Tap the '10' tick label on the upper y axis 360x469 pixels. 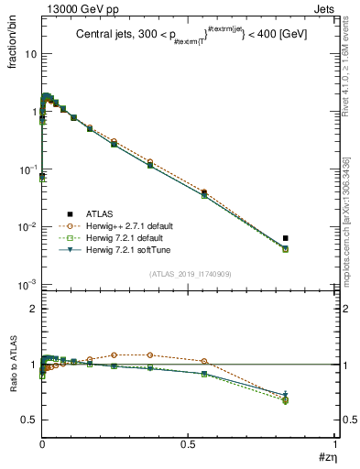(30, 54)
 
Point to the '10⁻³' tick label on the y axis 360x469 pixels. (27, 284)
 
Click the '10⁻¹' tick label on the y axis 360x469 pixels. (27, 169)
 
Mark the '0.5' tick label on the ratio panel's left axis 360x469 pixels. (29, 420)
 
